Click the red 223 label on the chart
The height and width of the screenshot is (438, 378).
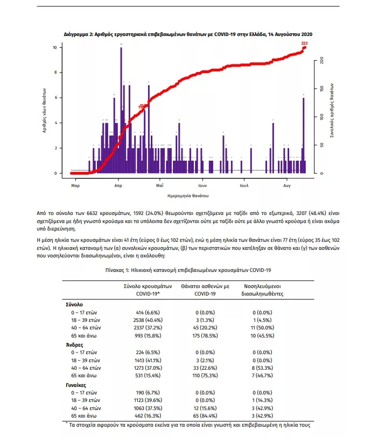pos(305,43)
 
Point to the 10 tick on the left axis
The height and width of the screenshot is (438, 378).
pos(55,47)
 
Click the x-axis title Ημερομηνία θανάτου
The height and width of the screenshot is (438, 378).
pos(188,196)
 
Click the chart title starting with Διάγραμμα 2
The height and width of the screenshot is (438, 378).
pos(188,34)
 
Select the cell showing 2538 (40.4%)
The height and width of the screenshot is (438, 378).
pos(144,320)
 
